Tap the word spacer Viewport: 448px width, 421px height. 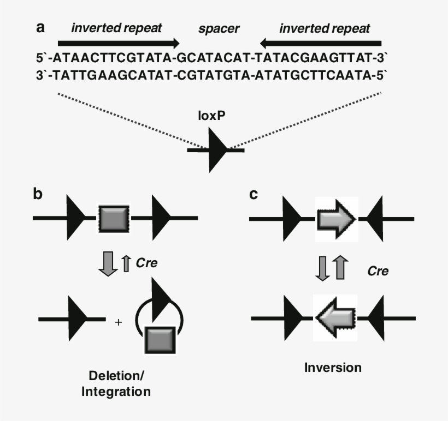click(x=219, y=28)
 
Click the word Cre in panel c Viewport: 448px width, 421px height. click(x=378, y=270)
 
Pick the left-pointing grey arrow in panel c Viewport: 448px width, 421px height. click(x=335, y=317)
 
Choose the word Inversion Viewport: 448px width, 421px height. click(x=333, y=368)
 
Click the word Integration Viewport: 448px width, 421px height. click(x=120, y=391)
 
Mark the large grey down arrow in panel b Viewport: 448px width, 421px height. click(x=110, y=263)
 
